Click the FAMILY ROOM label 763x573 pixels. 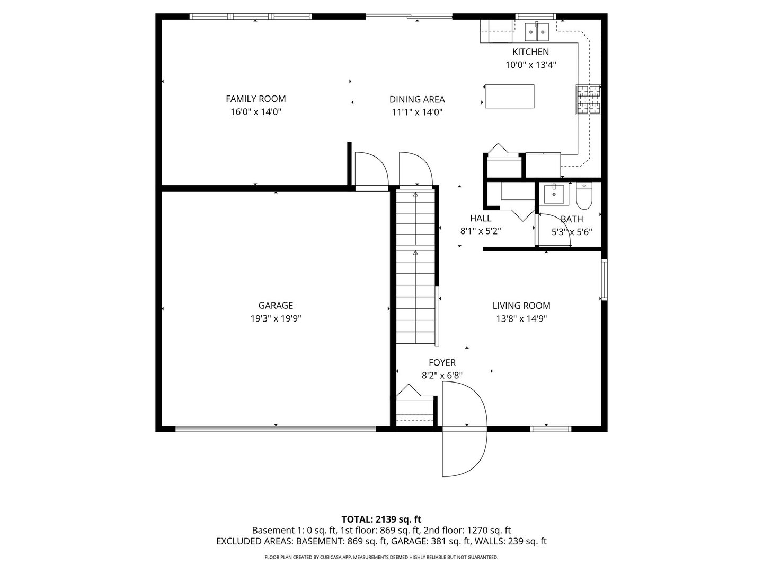point(255,99)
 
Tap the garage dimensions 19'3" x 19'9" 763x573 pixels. point(276,319)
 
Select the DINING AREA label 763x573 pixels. point(417,99)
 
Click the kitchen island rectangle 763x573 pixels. point(509,96)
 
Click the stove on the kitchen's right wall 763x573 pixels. point(588,100)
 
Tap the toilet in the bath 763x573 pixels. point(583,195)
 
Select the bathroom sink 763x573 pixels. point(554,194)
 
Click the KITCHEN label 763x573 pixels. point(530,52)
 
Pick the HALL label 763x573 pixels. point(481,218)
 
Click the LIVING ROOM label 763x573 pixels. point(521,306)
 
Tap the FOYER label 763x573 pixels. point(442,363)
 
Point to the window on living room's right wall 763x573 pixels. point(604,280)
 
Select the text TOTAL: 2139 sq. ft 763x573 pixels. point(381,519)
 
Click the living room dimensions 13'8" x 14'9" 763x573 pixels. point(521,319)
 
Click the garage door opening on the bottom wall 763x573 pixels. point(276,429)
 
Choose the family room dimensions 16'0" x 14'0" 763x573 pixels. point(255,112)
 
